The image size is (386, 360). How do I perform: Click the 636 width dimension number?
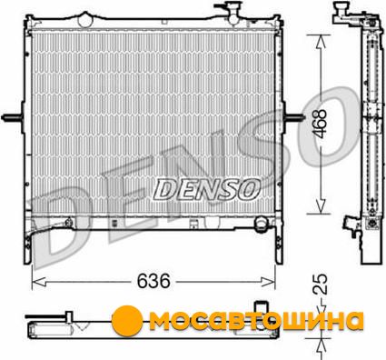(153, 282)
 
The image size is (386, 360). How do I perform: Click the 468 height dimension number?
(320, 124)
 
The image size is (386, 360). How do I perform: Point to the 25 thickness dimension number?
(321, 285)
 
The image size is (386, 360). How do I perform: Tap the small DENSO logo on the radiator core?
(207, 189)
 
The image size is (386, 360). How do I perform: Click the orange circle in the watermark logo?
(127, 321)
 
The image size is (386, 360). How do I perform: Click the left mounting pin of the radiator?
(13, 117)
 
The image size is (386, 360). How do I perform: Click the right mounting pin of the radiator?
(293, 117)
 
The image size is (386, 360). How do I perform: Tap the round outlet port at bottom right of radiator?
(260, 224)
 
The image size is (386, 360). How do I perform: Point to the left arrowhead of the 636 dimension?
(39, 282)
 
